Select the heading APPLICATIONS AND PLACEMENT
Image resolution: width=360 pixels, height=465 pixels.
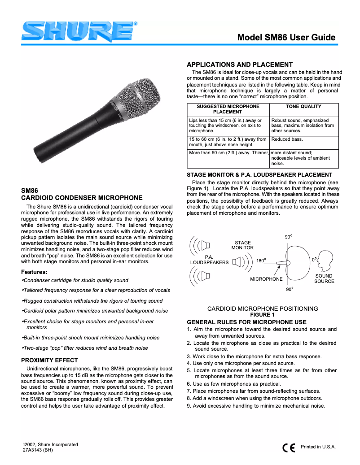click(239, 65)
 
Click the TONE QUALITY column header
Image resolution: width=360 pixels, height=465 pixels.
click(303, 107)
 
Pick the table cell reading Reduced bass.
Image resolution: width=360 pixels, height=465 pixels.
click(287, 139)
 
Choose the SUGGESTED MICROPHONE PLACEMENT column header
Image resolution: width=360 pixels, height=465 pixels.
click(228, 109)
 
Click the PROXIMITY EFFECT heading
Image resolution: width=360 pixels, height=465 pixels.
click(49, 360)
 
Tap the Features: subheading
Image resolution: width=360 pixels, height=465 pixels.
click(35, 272)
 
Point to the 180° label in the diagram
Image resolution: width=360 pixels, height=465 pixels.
click(262, 261)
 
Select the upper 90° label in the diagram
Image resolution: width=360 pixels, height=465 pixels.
click(288, 236)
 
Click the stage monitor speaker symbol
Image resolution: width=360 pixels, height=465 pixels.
click(237, 262)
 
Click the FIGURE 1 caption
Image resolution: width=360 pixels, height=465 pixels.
click(262, 314)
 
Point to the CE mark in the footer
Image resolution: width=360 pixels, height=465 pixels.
click(289, 448)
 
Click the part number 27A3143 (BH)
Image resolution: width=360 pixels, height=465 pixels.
click(38, 450)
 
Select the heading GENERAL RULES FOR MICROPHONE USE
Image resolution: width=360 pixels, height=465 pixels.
click(246, 322)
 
